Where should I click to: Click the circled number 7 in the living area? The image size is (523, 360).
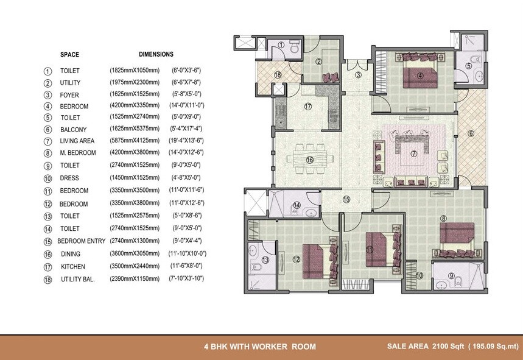click(414, 154)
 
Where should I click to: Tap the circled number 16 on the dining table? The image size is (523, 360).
click(309, 160)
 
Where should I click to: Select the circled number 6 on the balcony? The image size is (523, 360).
click(470, 133)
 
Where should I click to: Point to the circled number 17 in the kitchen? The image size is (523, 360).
click(308, 106)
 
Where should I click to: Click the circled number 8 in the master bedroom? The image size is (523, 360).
click(443, 218)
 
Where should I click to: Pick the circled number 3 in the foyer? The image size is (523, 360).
click(359, 75)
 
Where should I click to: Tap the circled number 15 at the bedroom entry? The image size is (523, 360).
click(346, 199)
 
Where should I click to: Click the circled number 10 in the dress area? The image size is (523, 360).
click(419, 275)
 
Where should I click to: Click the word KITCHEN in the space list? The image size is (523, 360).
click(72, 267)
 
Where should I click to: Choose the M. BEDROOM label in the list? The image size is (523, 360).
click(78, 153)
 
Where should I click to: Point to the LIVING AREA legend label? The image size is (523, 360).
click(77, 141)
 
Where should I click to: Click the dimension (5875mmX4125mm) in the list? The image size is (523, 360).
click(135, 141)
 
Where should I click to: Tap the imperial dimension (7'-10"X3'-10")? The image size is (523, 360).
click(186, 278)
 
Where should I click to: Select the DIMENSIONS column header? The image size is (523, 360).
click(156, 54)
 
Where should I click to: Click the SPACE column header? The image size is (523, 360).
click(69, 55)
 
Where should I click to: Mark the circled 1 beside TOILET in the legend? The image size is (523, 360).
click(47, 71)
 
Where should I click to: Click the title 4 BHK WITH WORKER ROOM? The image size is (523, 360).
click(260, 347)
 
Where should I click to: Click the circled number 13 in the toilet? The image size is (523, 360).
click(265, 259)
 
